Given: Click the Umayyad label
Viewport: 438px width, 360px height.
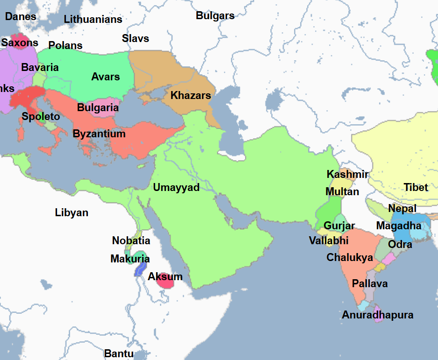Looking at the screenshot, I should [x=176, y=188].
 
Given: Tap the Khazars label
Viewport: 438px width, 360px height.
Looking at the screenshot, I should [x=191, y=96].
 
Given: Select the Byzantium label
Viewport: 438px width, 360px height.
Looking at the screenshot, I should [x=99, y=134].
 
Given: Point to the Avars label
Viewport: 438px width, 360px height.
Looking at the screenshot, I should [x=106, y=77].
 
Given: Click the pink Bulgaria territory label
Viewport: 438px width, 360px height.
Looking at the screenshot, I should [x=98, y=108].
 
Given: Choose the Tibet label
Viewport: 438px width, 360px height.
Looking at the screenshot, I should [x=416, y=188].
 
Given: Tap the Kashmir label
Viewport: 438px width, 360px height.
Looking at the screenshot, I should [x=347, y=175].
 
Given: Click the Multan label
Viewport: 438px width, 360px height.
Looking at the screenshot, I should [x=342, y=192].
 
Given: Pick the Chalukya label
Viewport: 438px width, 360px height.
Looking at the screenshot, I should [x=350, y=258].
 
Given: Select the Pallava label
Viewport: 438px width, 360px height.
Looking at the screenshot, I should [x=370, y=284].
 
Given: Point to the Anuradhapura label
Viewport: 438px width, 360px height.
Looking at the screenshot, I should [x=378, y=315].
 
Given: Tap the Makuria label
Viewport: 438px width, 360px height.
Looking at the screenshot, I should [x=130, y=259].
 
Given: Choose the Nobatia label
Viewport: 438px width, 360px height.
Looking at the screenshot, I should [x=131, y=241].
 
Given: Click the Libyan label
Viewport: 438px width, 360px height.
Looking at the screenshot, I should [x=72, y=213].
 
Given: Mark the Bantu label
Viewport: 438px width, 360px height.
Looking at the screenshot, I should [x=119, y=353].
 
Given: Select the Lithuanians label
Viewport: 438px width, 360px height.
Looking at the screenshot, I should [x=93, y=20].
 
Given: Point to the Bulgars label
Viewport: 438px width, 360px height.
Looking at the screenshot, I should [x=215, y=15].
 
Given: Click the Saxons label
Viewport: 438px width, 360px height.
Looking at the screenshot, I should [x=20, y=43].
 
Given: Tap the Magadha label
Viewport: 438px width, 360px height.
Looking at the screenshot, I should [x=399, y=226].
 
